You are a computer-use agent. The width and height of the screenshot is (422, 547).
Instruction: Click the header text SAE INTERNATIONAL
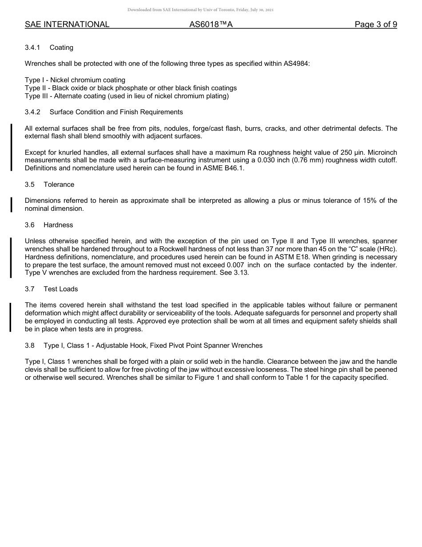click(67, 24)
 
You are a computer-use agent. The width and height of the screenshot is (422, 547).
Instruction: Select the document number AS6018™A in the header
click(211, 24)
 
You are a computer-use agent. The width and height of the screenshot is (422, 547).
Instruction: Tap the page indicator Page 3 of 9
click(376, 24)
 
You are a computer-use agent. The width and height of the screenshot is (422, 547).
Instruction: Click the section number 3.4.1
click(32, 48)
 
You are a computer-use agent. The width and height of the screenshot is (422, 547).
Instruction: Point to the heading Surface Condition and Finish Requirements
click(116, 112)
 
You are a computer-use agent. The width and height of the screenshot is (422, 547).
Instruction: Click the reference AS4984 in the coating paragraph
click(296, 64)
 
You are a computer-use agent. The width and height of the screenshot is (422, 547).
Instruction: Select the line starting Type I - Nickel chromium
click(75, 80)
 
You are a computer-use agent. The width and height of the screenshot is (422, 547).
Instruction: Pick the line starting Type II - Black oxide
click(131, 88)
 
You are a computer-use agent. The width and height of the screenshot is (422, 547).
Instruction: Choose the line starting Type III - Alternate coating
click(127, 96)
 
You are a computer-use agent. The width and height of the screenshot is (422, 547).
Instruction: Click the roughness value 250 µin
click(353, 152)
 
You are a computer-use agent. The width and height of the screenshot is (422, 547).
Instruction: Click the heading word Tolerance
click(59, 185)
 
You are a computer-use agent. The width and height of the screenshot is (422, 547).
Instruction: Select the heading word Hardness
click(58, 225)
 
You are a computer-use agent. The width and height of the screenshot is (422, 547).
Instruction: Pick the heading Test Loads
click(60, 289)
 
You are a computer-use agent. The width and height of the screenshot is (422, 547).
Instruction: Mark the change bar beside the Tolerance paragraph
click(11, 205)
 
